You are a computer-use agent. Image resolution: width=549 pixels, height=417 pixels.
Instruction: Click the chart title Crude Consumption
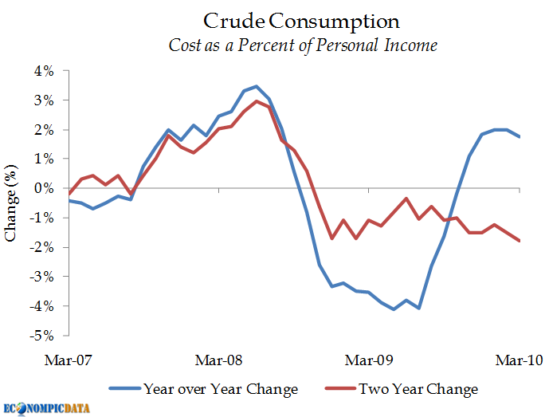[301, 20]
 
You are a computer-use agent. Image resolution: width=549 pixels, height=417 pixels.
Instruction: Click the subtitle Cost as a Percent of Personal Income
[303, 45]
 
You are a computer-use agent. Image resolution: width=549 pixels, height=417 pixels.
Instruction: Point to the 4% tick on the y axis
[45, 71]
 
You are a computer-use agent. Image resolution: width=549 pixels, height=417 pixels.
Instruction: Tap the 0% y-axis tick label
[45, 188]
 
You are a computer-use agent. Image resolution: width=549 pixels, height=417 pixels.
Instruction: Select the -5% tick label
[43, 335]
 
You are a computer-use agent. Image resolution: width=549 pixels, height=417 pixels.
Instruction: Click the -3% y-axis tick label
[43, 276]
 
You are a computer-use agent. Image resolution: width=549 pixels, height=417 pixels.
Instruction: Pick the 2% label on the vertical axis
[45, 129]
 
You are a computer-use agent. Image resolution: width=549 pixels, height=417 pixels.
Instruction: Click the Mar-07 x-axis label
[70, 360]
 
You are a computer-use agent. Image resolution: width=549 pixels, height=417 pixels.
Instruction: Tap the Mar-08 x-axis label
[220, 360]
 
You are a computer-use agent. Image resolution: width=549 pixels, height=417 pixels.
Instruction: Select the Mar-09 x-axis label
[370, 360]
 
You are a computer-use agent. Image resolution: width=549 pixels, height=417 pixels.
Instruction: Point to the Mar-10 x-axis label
[520, 360]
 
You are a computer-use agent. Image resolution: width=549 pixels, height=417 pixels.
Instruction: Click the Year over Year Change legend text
[221, 389]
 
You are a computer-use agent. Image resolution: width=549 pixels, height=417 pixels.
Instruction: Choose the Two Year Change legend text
[418, 389]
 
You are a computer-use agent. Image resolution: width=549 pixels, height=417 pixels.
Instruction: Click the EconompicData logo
[47, 407]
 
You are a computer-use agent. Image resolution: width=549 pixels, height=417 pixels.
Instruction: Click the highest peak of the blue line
[256, 86]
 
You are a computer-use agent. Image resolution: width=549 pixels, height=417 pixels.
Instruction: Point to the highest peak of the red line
[257, 101]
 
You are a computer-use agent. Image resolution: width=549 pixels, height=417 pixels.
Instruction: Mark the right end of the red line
[520, 241]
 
